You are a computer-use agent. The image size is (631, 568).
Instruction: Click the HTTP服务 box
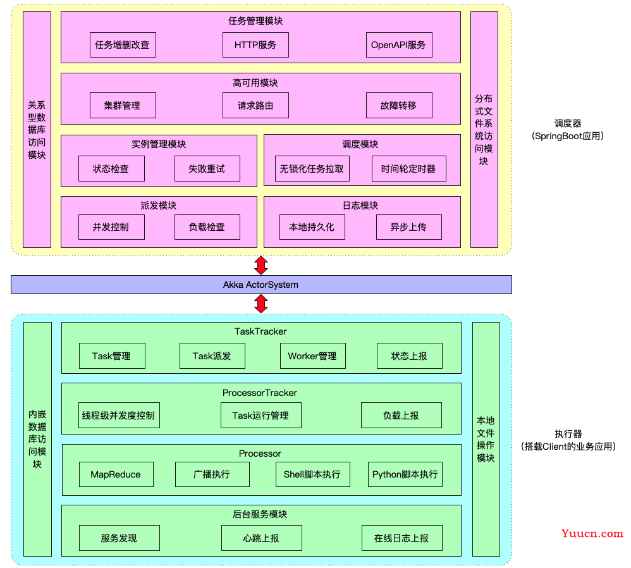(255, 45)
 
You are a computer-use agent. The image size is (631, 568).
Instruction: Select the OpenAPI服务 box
(399, 45)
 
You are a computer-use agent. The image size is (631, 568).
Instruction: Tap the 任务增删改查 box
(123, 45)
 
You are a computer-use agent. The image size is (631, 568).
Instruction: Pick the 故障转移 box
(399, 106)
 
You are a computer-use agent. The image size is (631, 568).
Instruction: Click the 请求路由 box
(255, 106)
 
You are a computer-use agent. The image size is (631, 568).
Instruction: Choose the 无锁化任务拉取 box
(312, 169)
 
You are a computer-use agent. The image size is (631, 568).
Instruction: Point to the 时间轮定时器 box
(409, 169)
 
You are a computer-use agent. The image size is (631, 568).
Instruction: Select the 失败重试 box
(207, 169)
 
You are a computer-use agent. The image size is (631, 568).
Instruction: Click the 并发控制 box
(111, 227)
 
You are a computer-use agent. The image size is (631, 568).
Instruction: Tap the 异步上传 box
(409, 227)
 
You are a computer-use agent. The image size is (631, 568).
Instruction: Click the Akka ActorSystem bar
(261, 285)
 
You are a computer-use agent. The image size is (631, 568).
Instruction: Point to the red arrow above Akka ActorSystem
(261, 265)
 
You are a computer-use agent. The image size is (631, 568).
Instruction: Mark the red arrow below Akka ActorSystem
(261, 304)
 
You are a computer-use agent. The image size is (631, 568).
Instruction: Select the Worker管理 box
(313, 356)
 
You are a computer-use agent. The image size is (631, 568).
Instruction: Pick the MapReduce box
(116, 474)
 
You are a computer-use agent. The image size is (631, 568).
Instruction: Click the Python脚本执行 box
(405, 474)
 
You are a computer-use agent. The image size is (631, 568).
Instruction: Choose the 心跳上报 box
(262, 538)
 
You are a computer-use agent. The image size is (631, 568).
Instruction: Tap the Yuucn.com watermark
(592, 534)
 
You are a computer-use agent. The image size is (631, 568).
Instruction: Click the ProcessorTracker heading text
(260, 393)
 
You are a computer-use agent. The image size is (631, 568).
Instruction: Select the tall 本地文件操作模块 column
(486, 439)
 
